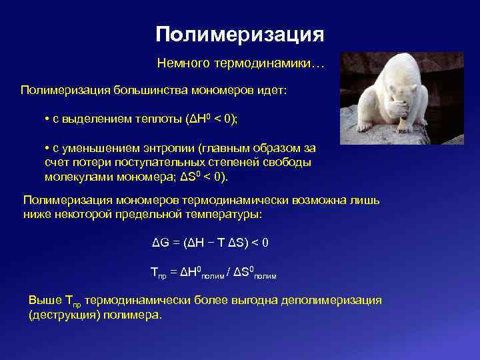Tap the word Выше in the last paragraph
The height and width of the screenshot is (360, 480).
tap(43, 300)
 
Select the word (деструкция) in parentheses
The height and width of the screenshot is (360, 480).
tap(63, 315)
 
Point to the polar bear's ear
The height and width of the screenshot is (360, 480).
tap(412, 73)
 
